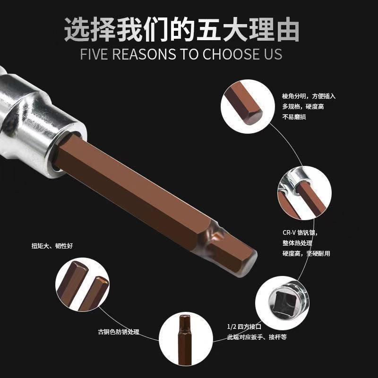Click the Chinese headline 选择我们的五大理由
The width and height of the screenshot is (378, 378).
[182, 29]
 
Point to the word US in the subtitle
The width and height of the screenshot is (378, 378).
[271, 54]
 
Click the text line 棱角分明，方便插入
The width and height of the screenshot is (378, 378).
[309, 96]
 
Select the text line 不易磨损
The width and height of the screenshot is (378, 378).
[294, 117]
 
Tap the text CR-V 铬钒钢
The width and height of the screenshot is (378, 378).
[302, 233]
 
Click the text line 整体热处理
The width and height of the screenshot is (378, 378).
[297, 243]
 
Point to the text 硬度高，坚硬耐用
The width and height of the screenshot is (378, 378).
[306, 254]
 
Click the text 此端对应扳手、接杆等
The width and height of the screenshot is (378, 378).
[257, 337]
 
